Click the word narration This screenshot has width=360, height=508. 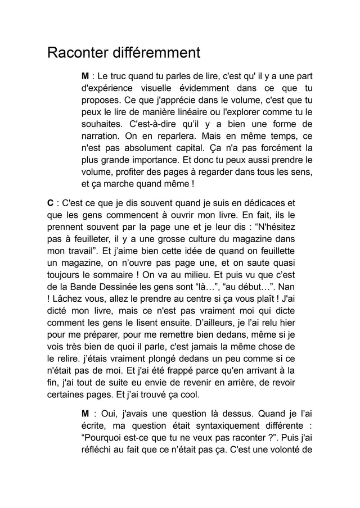pyautogui.click(x=102, y=136)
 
